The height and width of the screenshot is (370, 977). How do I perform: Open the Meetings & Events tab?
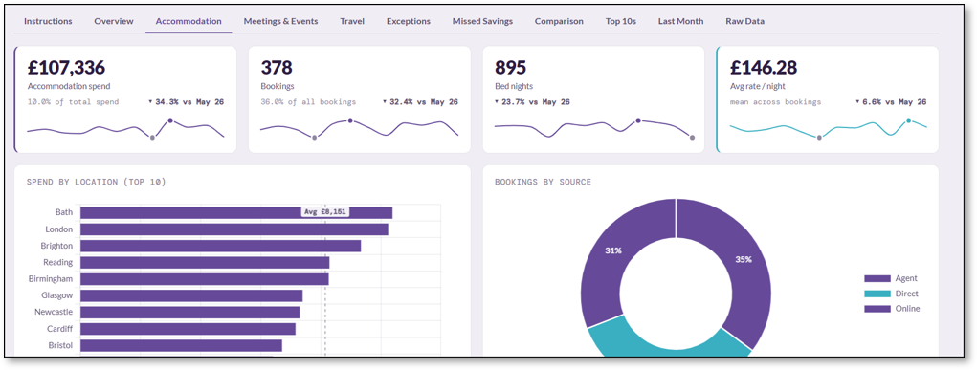(280, 21)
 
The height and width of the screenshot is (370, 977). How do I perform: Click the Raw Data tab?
(744, 21)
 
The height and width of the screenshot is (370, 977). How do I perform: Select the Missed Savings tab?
(482, 21)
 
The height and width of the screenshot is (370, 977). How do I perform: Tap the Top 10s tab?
(621, 21)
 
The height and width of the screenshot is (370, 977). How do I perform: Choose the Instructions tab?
(48, 21)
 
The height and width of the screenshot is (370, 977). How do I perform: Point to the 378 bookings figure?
(277, 67)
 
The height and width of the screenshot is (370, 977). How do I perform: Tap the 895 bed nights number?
(510, 67)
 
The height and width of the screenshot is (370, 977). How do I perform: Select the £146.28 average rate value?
(764, 67)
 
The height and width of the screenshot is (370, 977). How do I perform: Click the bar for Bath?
(236, 212)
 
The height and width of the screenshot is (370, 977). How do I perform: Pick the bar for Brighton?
(221, 246)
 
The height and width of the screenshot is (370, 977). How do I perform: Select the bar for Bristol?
(181, 345)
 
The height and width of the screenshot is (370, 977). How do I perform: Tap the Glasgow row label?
(56, 295)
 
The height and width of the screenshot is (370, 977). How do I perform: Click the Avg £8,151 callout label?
(324, 212)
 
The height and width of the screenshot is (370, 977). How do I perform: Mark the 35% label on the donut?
(744, 259)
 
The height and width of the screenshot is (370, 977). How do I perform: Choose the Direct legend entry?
(891, 294)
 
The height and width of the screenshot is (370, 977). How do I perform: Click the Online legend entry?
(892, 308)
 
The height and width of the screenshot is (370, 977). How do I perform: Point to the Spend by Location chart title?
(96, 182)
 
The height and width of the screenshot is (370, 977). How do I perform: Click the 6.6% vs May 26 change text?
(891, 102)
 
